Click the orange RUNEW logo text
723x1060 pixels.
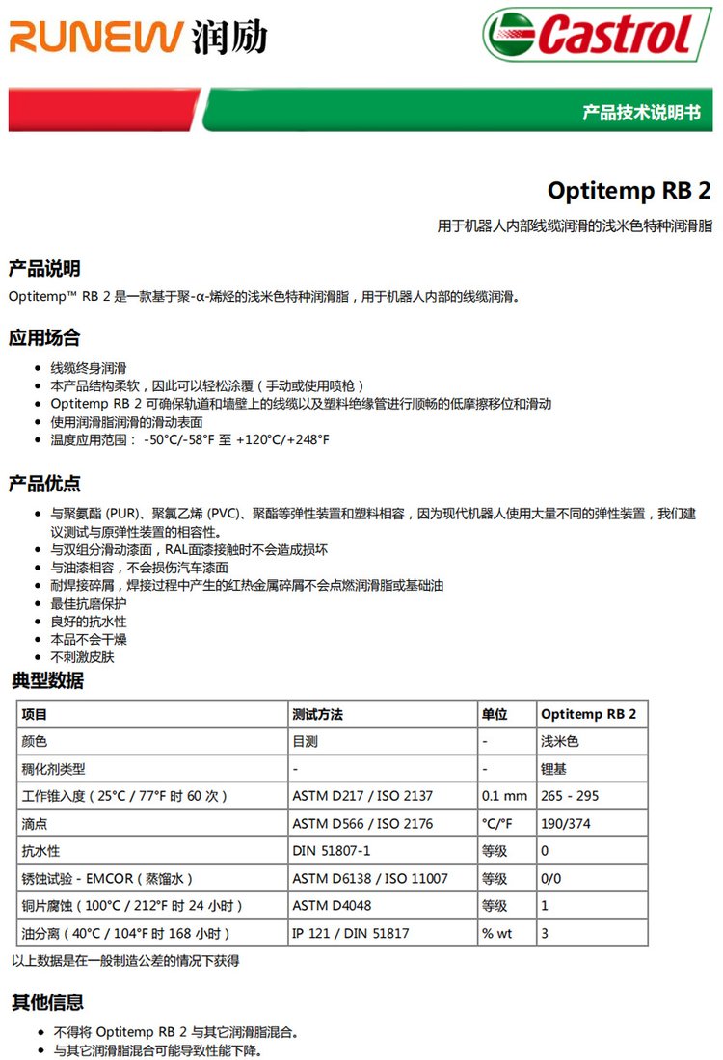94,39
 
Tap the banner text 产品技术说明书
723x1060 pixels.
641,112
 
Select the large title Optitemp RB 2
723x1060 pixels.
629,190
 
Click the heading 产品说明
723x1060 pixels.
44,268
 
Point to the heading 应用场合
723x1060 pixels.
44,338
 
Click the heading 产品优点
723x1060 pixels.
44,483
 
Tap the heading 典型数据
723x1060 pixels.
48,681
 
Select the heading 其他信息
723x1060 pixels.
48,1002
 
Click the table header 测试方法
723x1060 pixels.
317,714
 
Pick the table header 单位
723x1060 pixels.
495,714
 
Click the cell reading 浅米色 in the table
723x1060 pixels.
559,742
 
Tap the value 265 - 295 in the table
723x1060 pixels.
571,797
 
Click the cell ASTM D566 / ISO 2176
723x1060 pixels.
362,824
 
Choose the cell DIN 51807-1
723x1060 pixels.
331,851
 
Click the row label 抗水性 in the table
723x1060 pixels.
40,851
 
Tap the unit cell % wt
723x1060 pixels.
496,933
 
